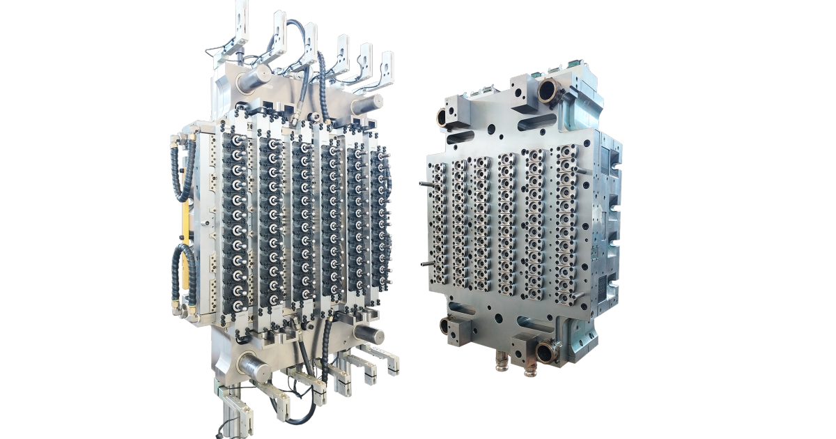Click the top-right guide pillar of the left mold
(366, 103)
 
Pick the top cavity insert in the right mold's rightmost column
(566, 153)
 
